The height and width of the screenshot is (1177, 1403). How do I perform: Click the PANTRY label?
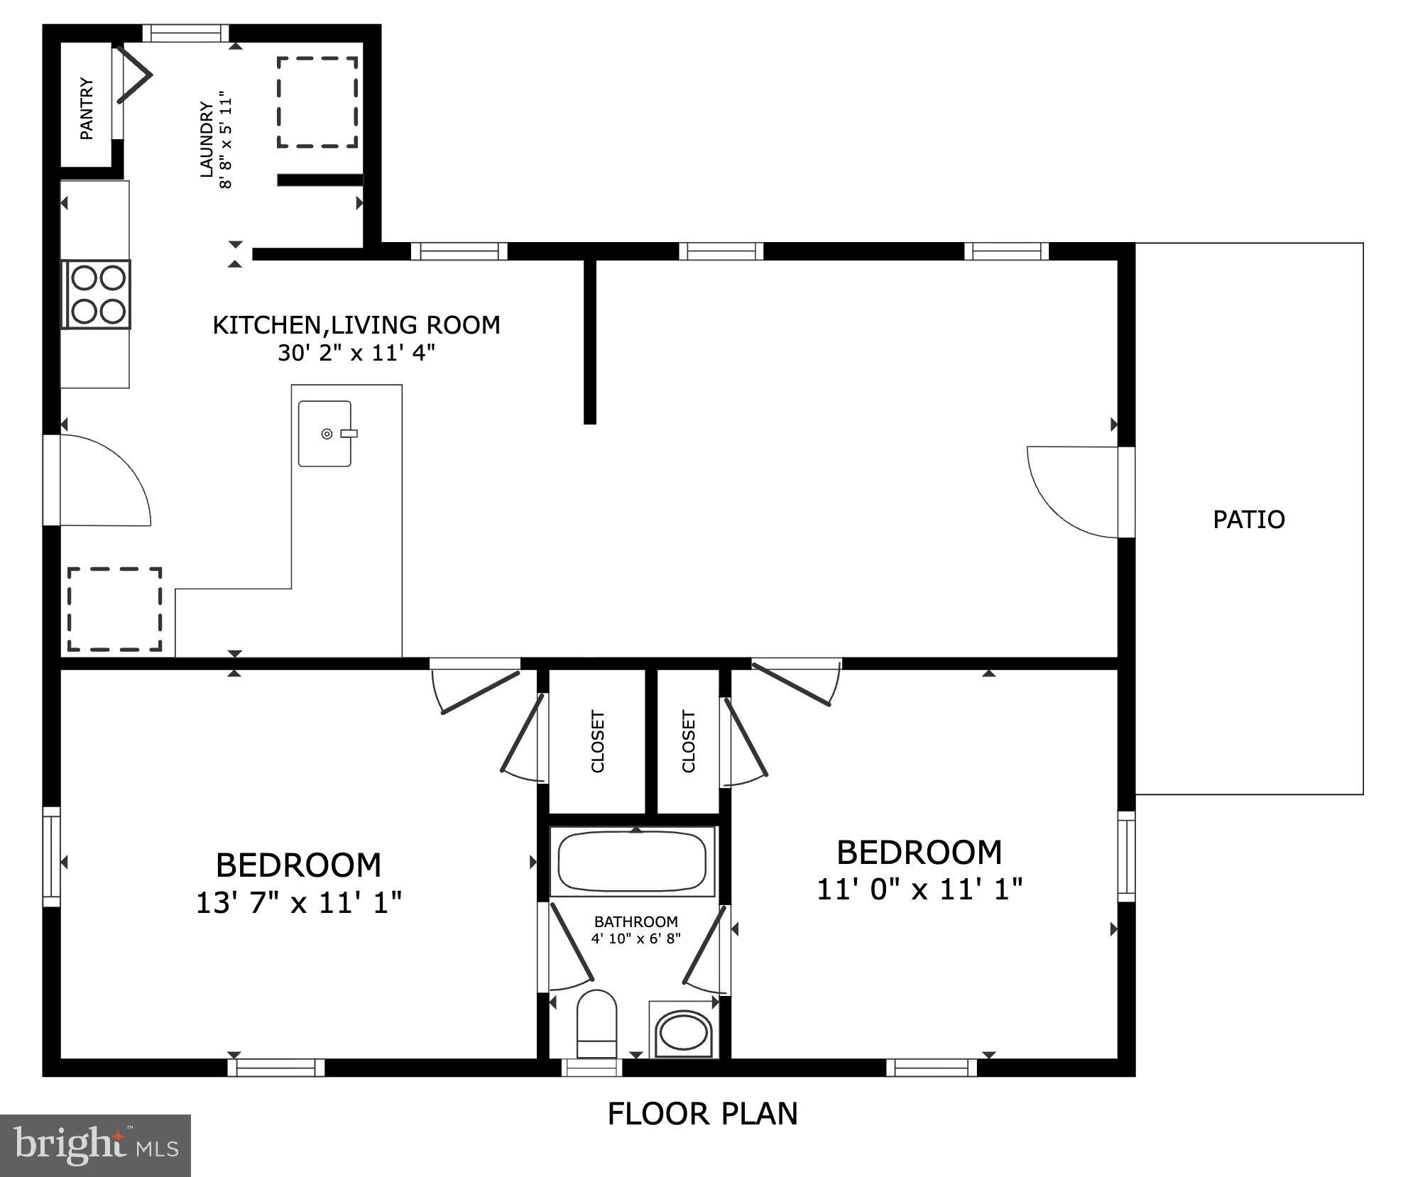click(x=86, y=109)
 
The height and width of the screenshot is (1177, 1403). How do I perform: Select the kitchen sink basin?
click(x=324, y=434)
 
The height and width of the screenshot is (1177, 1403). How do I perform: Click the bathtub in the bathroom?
click(x=632, y=862)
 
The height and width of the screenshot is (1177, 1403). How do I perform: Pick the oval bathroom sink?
click(x=682, y=1031)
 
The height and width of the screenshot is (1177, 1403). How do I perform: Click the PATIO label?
click(x=1248, y=520)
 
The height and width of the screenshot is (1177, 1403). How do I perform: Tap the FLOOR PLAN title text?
click(x=702, y=1114)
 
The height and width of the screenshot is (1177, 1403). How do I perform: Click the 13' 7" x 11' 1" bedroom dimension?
click(x=298, y=903)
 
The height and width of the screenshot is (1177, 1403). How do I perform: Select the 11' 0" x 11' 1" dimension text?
click(x=919, y=889)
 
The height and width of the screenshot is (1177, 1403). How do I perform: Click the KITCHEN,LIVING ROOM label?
click(x=356, y=325)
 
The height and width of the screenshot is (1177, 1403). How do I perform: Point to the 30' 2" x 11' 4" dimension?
click(x=356, y=353)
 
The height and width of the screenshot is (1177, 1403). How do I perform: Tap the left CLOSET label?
click(x=598, y=741)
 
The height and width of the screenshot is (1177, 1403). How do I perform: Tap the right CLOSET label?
click(x=688, y=741)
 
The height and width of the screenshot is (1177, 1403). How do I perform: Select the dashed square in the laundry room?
click(x=317, y=102)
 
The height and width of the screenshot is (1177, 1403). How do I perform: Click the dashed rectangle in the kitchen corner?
click(x=114, y=609)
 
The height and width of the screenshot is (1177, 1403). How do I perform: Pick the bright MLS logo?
click(x=95, y=1145)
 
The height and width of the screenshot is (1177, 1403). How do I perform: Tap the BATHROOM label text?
click(x=635, y=921)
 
